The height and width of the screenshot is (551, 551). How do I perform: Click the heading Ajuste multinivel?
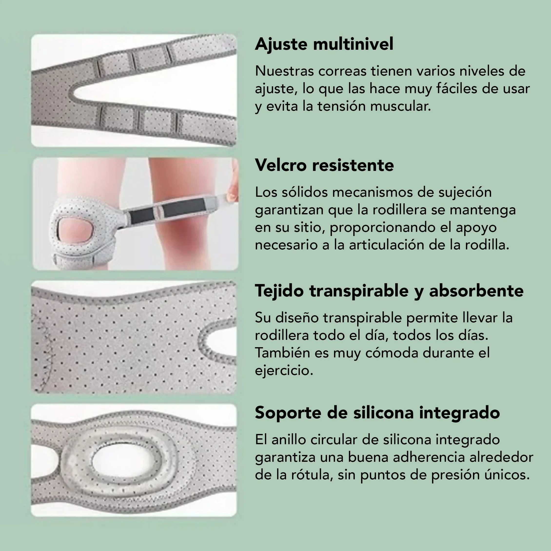tap(324, 44)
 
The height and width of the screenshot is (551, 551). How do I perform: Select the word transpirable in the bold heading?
tap(359, 291)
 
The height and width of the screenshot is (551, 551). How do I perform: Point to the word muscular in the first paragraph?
tap(400, 106)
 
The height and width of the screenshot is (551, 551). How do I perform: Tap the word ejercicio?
tap(284, 371)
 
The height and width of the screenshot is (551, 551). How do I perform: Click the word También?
tap(282, 353)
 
